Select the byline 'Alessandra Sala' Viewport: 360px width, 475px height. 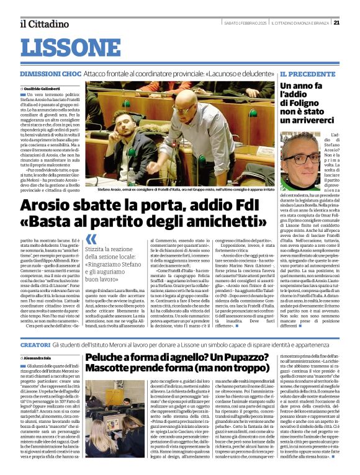coord(39,358)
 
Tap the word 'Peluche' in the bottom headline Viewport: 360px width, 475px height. coord(107,358)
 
